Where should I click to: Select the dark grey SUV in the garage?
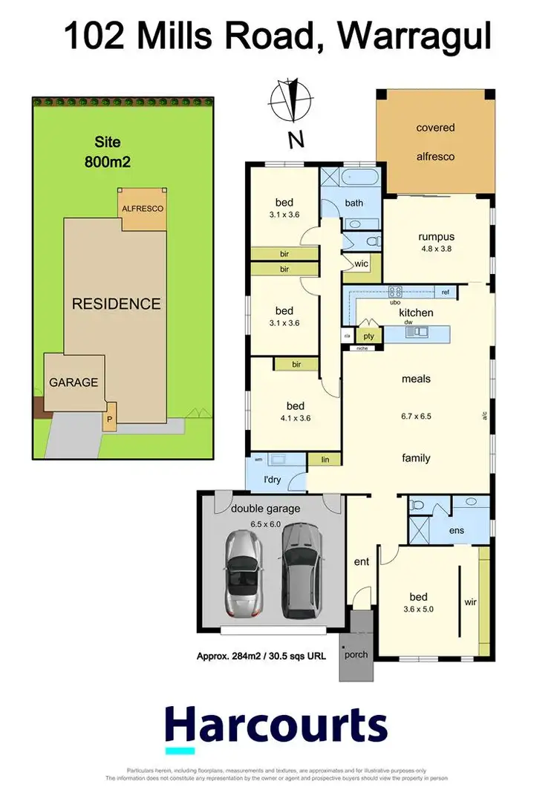point(301,572)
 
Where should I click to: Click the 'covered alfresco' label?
point(435,142)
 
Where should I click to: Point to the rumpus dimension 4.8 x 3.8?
point(436,249)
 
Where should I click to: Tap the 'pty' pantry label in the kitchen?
point(368,336)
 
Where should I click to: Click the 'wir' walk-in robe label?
point(469,602)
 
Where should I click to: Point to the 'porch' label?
point(356,654)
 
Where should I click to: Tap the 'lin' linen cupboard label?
point(325,460)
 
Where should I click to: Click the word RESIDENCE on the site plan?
point(115,303)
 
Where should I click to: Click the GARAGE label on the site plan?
point(74,382)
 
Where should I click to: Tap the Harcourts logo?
point(276,726)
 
